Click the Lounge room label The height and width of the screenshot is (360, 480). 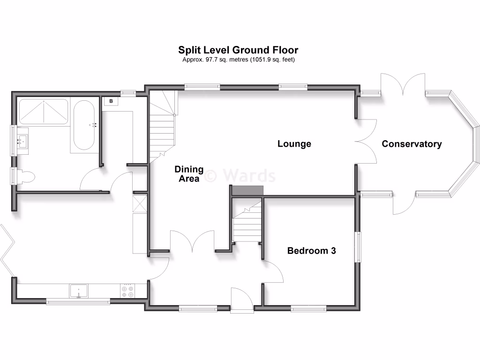point(294,144)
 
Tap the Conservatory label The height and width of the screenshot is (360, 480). point(412,144)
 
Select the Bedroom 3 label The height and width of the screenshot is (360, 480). point(311,251)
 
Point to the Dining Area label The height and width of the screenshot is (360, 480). point(189,174)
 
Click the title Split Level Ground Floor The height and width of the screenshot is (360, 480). point(238,50)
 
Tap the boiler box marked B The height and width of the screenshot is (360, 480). point(111,101)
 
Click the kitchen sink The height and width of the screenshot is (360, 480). point(79,291)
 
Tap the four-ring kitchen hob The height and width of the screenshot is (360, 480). point(127,291)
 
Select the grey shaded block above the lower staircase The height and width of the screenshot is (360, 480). point(248,190)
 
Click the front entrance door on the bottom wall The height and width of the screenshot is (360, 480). point(242,300)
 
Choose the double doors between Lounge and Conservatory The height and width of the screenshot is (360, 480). point(366,141)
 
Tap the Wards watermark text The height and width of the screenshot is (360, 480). point(248,176)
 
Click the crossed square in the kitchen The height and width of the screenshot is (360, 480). point(140,203)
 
